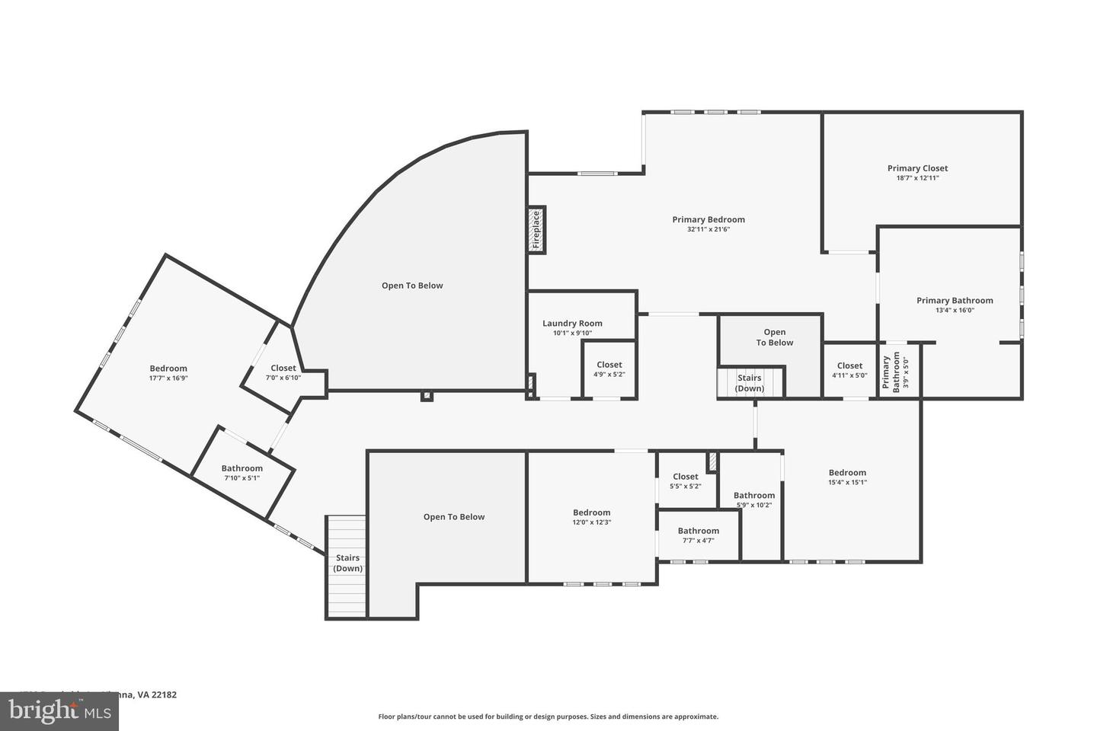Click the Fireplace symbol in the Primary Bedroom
pos(536,229)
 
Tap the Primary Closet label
pos(917,168)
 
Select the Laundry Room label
pos(572,324)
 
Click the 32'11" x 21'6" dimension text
pos(708,229)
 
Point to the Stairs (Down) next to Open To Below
pos(750,383)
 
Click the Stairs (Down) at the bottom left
pos(347,563)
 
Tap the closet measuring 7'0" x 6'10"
pos(283,372)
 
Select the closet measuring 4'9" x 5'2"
pos(609,369)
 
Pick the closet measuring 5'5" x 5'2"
pos(685,481)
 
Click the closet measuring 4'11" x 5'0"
pos(849,370)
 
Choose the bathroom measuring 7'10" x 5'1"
pos(242,473)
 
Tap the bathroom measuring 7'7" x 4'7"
pos(698,535)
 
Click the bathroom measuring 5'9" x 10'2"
pos(754,500)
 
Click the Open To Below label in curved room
pos(412,286)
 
